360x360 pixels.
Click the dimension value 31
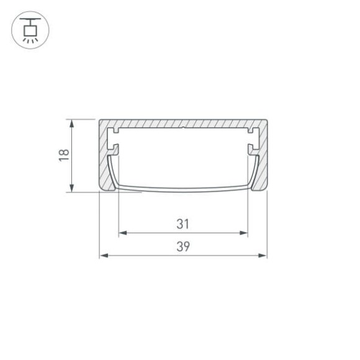tap(182, 223)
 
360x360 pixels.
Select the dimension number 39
tap(182, 246)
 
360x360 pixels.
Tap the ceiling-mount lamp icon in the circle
tap(30, 29)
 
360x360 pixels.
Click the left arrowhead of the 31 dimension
tap(122, 233)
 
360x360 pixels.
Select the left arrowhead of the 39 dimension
tap(104, 255)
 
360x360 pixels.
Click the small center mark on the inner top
tap(183, 130)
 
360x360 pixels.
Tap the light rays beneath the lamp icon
tap(30, 40)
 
